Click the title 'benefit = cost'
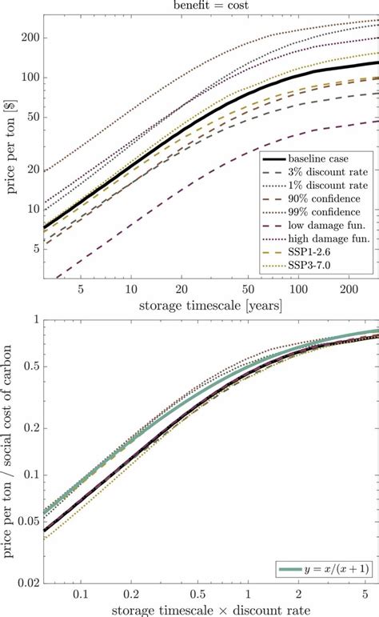tap(209, 5)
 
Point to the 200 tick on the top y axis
tap(30, 38)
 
